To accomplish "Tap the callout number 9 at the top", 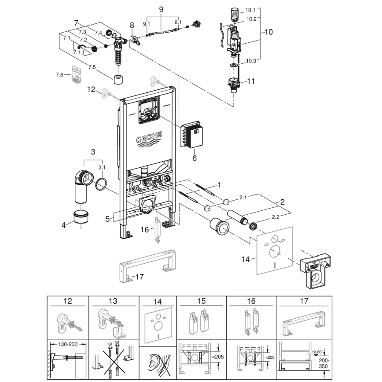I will tap(161, 9).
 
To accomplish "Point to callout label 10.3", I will tap(251, 61).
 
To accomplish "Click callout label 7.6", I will tap(59, 75).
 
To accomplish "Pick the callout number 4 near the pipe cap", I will tap(63, 224).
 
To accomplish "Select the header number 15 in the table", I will tap(201, 301).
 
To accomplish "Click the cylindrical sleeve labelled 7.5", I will tap(118, 80).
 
